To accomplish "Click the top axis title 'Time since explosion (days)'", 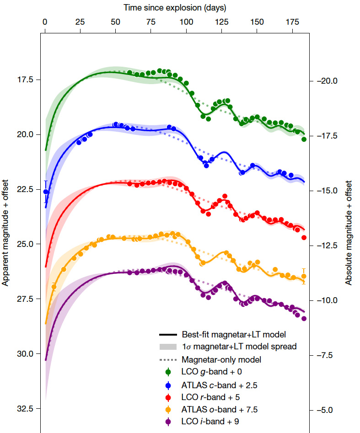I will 175,8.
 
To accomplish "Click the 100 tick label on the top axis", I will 186,21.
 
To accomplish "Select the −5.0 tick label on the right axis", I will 328,410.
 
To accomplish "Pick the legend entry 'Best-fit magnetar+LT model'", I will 234,334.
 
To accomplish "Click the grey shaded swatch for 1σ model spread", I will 169,347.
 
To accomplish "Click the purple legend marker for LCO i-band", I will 169,422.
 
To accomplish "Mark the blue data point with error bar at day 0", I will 46,192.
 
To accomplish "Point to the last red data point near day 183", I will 304,237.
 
